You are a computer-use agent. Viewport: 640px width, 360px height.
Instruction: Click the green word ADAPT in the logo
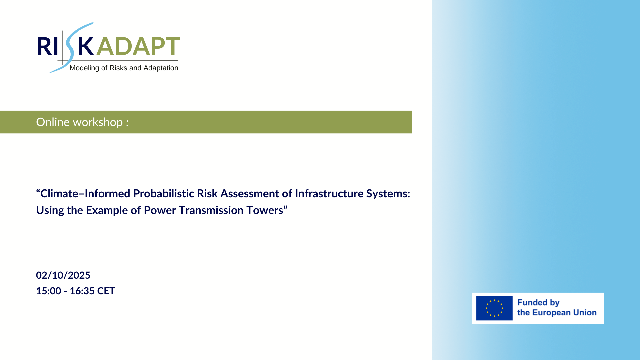pyautogui.click(x=138, y=46)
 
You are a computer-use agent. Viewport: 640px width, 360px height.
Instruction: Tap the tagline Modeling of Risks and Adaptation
pyautogui.click(x=124, y=68)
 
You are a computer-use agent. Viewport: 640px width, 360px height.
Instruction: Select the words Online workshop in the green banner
pyautogui.click(x=79, y=122)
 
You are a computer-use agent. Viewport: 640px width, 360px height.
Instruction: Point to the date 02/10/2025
pyautogui.click(x=63, y=275)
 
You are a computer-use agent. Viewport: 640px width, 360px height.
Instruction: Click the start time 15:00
pyautogui.click(x=49, y=291)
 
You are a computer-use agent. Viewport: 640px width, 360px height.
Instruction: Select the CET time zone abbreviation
pyautogui.click(x=106, y=291)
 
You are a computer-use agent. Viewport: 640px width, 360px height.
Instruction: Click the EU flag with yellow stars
pyautogui.click(x=494, y=308)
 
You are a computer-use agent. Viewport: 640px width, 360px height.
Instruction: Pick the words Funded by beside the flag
pyautogui.click(x=538, y=303)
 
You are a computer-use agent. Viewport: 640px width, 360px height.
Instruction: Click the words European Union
pyautogui.click(x=564, y=313)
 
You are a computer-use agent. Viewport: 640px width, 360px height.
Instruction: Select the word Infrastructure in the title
pyautogui.click(x=329, y=194)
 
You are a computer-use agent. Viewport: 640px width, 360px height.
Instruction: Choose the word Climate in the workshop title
pyautogui.click(x=59, y=194)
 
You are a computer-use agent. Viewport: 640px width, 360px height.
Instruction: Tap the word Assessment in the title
pyautogui.click(x=256, y=194)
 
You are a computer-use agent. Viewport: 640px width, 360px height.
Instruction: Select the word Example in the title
pyautogui.click(x=107, y=211)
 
